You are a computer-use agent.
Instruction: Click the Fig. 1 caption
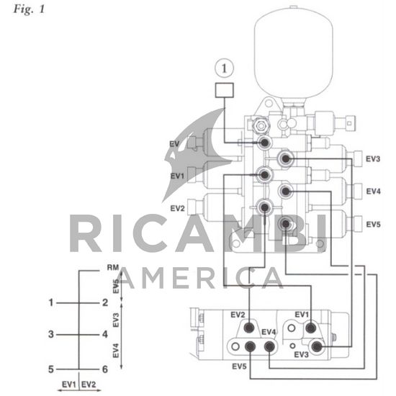click(x=29, y=9)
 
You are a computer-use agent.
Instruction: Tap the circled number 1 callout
click(x=224, y=68)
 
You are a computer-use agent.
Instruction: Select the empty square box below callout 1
click(x=224, y=90)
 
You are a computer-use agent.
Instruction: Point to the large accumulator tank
click(x=294, y=53)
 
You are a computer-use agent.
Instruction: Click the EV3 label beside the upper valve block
click(x=373, y=159)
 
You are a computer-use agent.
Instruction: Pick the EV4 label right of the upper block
click(x=373, y=192)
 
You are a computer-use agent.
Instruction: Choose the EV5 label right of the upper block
click(x=373, y=224)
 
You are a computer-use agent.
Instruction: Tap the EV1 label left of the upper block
click(x=177, y=176)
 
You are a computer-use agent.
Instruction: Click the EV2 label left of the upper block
click(x=177, y=208)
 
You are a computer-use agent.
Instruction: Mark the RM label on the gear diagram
click(x=113, y=267)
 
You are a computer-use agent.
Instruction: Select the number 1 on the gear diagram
click(x=51, y=302)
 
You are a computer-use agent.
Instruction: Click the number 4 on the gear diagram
click(x=105, y=334)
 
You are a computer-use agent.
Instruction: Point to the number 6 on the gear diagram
click(x=105, y=369)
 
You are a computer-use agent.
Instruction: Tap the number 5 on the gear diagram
click(x=51, y=369)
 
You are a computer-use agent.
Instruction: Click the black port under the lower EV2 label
click(x=249, y=328)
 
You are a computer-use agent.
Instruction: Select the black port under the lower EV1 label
click(x=310, y=328)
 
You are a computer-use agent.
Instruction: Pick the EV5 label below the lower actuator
click(x=239, y=366)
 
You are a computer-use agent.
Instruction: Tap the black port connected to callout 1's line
click(x=265, y=143)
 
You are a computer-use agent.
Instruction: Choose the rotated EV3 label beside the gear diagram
click(x=116, y=320)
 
